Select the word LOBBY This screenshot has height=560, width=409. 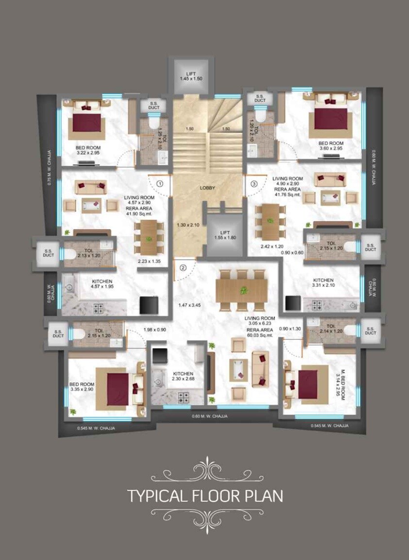pyautogui.click(x=207, y=188)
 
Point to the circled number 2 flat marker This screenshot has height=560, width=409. pyautogui.click(x=183, y=267)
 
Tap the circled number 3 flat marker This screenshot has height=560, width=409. pyautogui.click(x=254, y=183)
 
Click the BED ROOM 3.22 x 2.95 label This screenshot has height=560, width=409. pyautogui.click(x=88, y=150)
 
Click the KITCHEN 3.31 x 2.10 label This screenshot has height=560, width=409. pyautogui.click(x=323, y=283)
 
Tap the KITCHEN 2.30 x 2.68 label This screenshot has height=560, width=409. pyautogui.click(x=183, y=376)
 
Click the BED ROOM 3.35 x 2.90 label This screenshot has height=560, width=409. pyautogui.click(x=82, y=386)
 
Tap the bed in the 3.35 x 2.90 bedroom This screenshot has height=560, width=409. pyautogui.click(x=118, y=388)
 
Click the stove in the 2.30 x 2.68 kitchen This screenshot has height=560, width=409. pyautogui.click(x=183, y=397)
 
